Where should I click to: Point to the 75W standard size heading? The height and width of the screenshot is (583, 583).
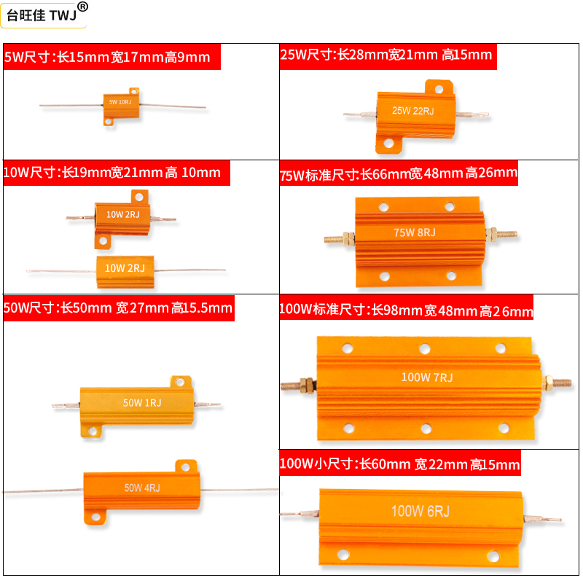tap(399, 174)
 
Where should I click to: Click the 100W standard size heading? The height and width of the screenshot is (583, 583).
tap(406, 311)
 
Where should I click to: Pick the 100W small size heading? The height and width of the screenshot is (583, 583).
tap(400, 464)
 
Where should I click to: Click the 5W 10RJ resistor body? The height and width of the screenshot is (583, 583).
tap(120, 103)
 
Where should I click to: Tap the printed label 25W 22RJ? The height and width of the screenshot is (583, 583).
tap(412, 111)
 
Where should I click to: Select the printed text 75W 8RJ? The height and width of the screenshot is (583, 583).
tap(414, 232)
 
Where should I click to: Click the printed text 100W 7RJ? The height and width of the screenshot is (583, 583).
tap(426, 377)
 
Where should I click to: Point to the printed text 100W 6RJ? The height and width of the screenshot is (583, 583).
tap(420, 512)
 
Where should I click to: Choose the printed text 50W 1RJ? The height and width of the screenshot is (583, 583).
tap(141, 402)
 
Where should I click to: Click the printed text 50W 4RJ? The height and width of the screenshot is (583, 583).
tap(141, 488)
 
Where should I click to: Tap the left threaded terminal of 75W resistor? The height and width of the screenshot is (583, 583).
tap(338, 238)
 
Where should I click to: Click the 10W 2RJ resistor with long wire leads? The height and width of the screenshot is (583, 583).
tap(125, 268)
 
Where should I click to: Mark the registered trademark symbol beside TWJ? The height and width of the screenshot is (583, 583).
tap(82, 7)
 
